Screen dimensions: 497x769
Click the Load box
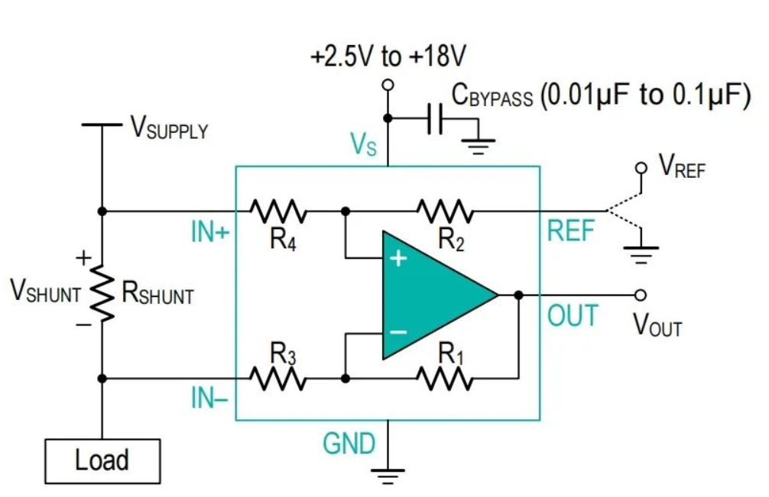click(x=102, y=460)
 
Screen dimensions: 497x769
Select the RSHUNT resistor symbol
click(x=102, y=294)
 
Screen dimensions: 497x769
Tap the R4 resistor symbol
click(x=279, y=210)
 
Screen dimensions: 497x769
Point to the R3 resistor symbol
click(x=279, y=377)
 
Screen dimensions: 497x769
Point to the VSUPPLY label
click(x=169, y=129)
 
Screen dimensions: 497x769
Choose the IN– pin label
click(x=210, y=398)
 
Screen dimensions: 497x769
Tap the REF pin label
click(x=571, y=231)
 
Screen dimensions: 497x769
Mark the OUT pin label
click(x=572, y=315)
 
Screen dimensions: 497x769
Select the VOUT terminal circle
click(x=641, y=295)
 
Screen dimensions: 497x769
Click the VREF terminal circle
click(x=641, y=168)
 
